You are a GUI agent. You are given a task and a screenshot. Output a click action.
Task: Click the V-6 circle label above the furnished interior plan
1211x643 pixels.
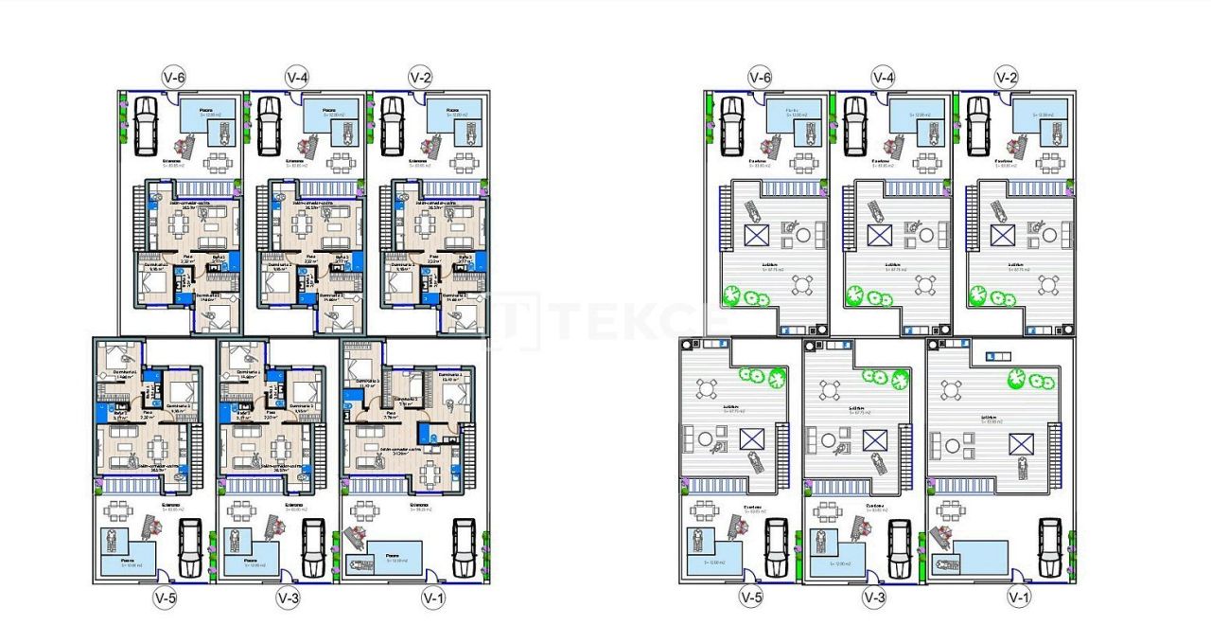coord(172,76)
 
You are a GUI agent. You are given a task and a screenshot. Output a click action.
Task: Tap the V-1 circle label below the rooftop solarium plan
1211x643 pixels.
coord(1019,598)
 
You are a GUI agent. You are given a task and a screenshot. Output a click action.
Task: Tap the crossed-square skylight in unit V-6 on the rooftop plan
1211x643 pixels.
coord(756,236)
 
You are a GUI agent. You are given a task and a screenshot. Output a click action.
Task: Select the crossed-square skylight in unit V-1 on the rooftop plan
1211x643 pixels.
coord(1020,444)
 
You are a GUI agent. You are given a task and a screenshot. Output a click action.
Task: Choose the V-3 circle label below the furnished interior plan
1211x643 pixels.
coord(288,598)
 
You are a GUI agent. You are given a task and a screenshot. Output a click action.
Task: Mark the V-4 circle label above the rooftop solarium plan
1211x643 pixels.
coord(883,76)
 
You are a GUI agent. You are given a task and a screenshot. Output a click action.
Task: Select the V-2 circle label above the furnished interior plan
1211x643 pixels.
coord(420,76)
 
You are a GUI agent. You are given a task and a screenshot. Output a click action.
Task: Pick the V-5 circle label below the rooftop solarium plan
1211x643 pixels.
coord(750,598)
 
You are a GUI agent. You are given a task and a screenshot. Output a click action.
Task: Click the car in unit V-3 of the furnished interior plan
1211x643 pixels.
coord(312,547)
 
